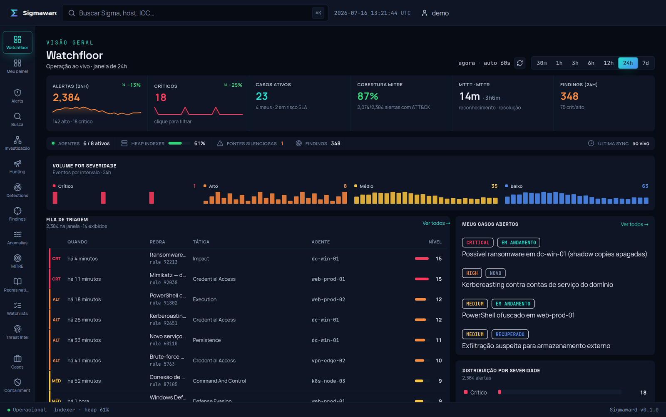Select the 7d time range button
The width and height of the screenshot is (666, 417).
click(x=645, y=63)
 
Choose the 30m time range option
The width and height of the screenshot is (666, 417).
click(x=542, y=63)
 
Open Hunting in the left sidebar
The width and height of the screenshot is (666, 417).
click(x=17, y=167)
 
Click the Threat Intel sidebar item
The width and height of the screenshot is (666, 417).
click(x=17, y=332)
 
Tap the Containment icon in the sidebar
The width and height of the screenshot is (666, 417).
click(x=17, y=382)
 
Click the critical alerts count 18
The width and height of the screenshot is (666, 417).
click(x=161, y=98)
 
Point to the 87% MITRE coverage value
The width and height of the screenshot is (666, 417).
click(x=368, y=96)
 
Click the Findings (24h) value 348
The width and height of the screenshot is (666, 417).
click(x=569, y=96)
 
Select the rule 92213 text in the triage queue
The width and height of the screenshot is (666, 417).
click(x=164, y=262)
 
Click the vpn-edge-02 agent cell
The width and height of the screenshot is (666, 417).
click(x=328, y=360)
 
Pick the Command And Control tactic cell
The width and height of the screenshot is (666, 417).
click(x=219, y=381)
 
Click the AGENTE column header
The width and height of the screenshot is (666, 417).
click(x=321, y=242)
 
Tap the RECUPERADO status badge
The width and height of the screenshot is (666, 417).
click(x=510, y=334)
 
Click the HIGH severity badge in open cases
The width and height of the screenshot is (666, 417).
click(x=472, y=273)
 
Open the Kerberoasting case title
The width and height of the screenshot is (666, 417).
click(x=537, y=284)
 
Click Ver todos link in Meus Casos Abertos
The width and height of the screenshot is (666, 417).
click(x=634, y=224)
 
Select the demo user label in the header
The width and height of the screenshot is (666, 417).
click(x=440, y=13)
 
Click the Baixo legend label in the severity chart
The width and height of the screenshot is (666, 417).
click(x=516, y=186)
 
